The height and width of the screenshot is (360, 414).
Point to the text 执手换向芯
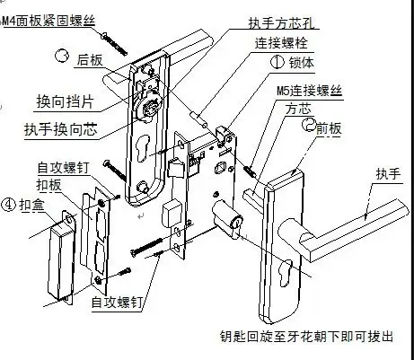(x=62, y=128)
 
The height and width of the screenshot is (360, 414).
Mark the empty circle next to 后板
(x=61, y=56)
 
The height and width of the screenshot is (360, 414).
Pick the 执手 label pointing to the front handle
(x=387, y=174)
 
